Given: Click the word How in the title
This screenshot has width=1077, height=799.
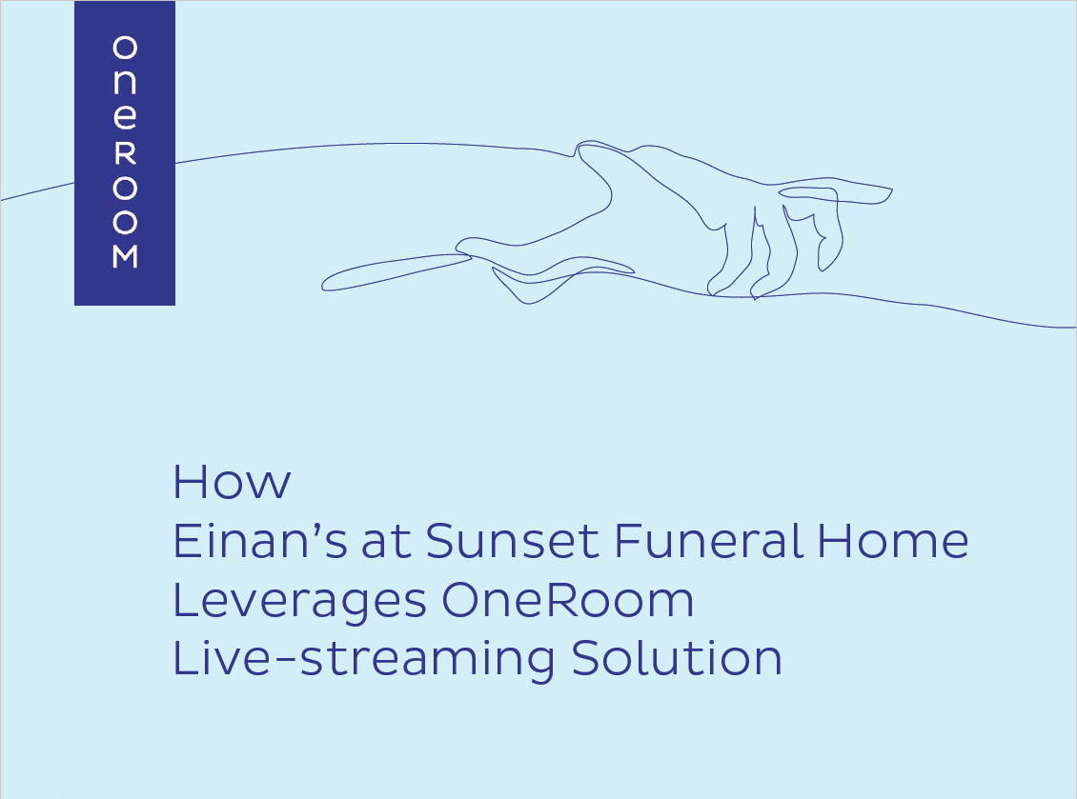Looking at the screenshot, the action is [233, 482].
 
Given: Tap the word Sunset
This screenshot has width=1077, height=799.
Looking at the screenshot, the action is [513, 540].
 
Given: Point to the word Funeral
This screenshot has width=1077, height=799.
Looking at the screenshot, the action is [708, 540].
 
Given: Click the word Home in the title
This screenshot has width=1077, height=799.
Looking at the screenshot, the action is [892, 540].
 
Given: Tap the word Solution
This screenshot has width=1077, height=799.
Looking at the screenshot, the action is [677, 658].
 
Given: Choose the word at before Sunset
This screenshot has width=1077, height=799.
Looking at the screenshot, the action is [387, 542].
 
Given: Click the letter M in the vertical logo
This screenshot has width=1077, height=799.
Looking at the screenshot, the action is [125, 256].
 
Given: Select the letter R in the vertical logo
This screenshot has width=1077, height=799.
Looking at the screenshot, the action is [125, 154].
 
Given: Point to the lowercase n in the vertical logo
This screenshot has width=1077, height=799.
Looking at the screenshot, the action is [125, 82].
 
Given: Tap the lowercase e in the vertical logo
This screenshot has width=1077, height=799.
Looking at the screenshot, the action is [125, 117].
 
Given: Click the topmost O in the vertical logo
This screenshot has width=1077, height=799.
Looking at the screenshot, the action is [125, 48].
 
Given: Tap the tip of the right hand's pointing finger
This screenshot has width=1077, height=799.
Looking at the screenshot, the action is [891, 190].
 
